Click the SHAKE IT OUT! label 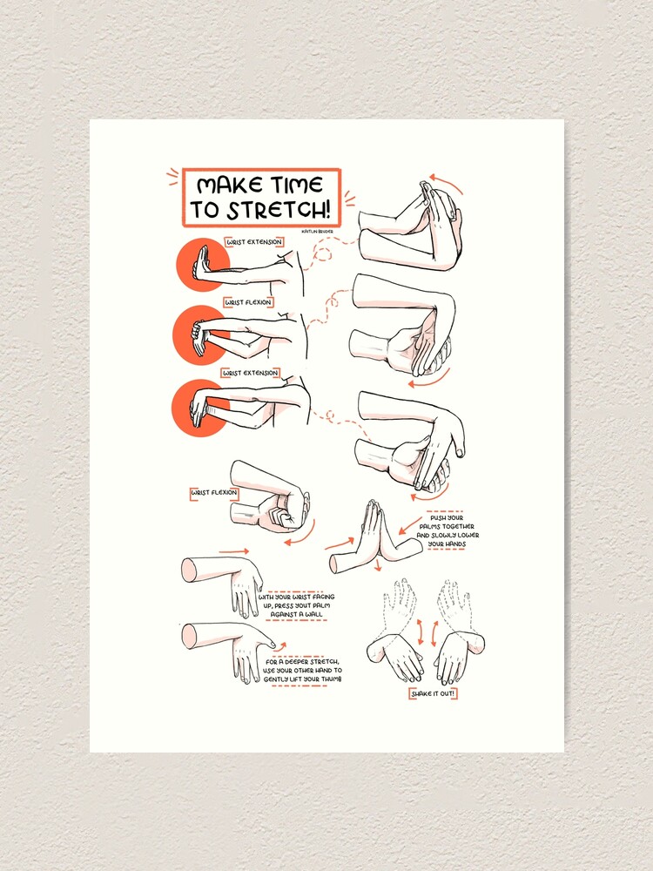434,693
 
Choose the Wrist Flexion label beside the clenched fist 213,493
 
